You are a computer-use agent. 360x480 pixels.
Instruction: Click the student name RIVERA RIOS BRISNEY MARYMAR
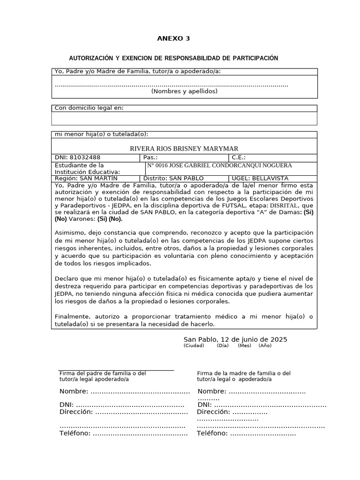point(184,148)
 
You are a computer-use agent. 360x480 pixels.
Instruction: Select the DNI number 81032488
point(85,157)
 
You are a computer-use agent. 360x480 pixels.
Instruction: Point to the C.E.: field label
point(238,157)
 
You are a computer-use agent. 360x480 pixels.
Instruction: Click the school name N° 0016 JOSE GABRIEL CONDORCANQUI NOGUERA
point(219,165)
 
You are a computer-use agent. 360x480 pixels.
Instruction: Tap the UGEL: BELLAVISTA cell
point(260,179)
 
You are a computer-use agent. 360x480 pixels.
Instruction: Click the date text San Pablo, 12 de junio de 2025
point(235,339)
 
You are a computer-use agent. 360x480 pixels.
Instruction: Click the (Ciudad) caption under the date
point(194,346)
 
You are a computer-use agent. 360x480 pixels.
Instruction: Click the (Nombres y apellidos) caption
point(184,91)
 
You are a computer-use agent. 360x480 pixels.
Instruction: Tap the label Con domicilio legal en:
point(89,108)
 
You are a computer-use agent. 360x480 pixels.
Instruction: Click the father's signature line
point(116,370)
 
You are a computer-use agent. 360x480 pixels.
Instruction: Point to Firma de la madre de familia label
point(244,373)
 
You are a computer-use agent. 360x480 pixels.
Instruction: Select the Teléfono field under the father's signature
point(123,434)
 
